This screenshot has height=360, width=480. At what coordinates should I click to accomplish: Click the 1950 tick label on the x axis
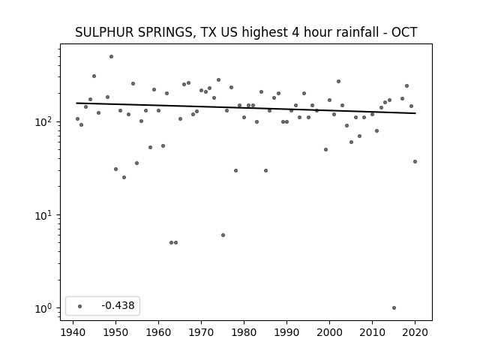[x=115, y=332]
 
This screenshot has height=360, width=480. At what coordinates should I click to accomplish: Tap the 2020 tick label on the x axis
[x=415, y=332]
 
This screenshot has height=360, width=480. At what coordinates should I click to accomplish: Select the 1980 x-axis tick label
[x=244, y=332]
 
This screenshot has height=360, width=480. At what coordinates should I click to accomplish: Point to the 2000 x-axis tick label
[x=329, y=332]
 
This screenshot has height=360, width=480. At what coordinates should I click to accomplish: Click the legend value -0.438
[x=118, y=305]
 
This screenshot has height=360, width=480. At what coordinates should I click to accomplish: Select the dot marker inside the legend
[x=80, y=306]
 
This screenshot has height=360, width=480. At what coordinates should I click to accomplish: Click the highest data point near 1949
[x=112, y=57]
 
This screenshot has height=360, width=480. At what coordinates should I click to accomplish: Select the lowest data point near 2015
[x=394, y=308]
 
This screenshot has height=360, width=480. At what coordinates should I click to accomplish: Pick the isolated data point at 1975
[x=223, y=235]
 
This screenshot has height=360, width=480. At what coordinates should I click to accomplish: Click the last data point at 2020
[x=415, y=162]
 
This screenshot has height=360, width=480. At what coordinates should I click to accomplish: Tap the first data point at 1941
[x=77, y=118]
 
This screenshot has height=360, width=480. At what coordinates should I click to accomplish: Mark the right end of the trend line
[x=415, y=113]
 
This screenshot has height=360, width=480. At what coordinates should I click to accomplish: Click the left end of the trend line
[x=76, y=103]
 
